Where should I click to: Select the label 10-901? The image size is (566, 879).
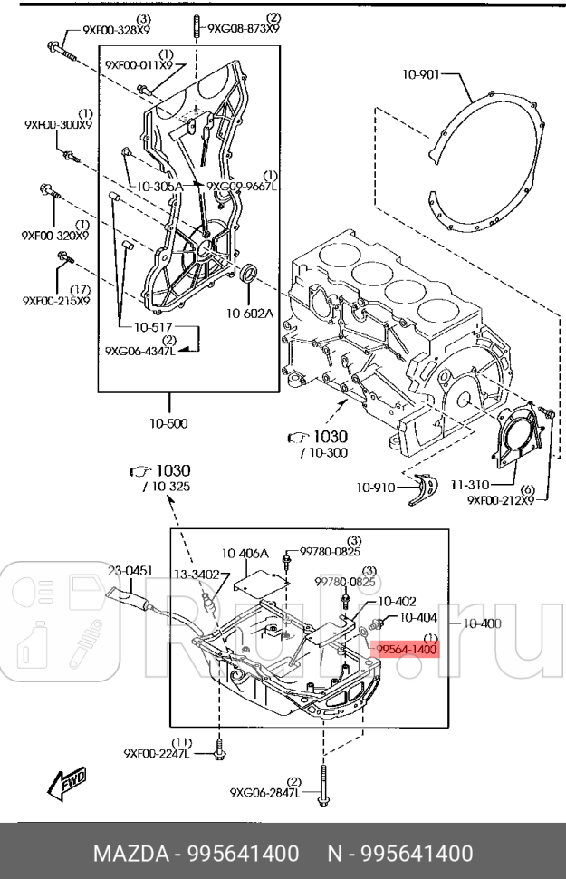point(421,76)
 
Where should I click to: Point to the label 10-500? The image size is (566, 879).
point(169,422)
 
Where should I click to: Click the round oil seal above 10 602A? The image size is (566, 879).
point(251,275)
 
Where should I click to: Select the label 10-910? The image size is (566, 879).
point(374,487)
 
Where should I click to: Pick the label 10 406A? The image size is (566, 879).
point(247,552)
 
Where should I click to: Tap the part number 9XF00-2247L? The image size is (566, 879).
point(158,752)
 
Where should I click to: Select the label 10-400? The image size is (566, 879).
point(482,623)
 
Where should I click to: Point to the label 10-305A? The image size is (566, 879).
point(159,186)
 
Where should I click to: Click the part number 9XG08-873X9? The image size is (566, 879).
point(244,28)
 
